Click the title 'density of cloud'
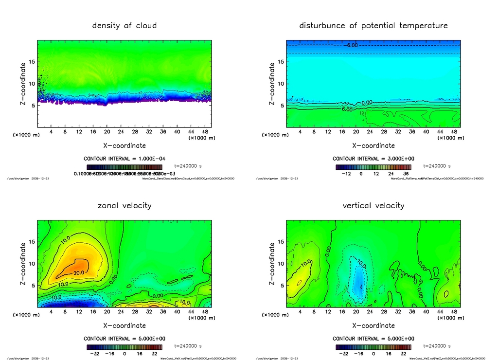coord(124,26)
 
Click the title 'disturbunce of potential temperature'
coord(373,26)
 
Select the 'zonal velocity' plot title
coord(124,206)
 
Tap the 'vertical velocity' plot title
coord(373,206)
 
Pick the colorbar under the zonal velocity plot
coord(124,347)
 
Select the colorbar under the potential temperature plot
coord(373,167)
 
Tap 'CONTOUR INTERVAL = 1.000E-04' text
coord(124,159)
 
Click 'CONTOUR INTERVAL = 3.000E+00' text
coord(373,159)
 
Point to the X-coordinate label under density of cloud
coord(124,145)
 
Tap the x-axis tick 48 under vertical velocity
coord(453,312)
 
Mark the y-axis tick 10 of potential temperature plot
coord(281,84)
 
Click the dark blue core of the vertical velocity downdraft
coord(359,284)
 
